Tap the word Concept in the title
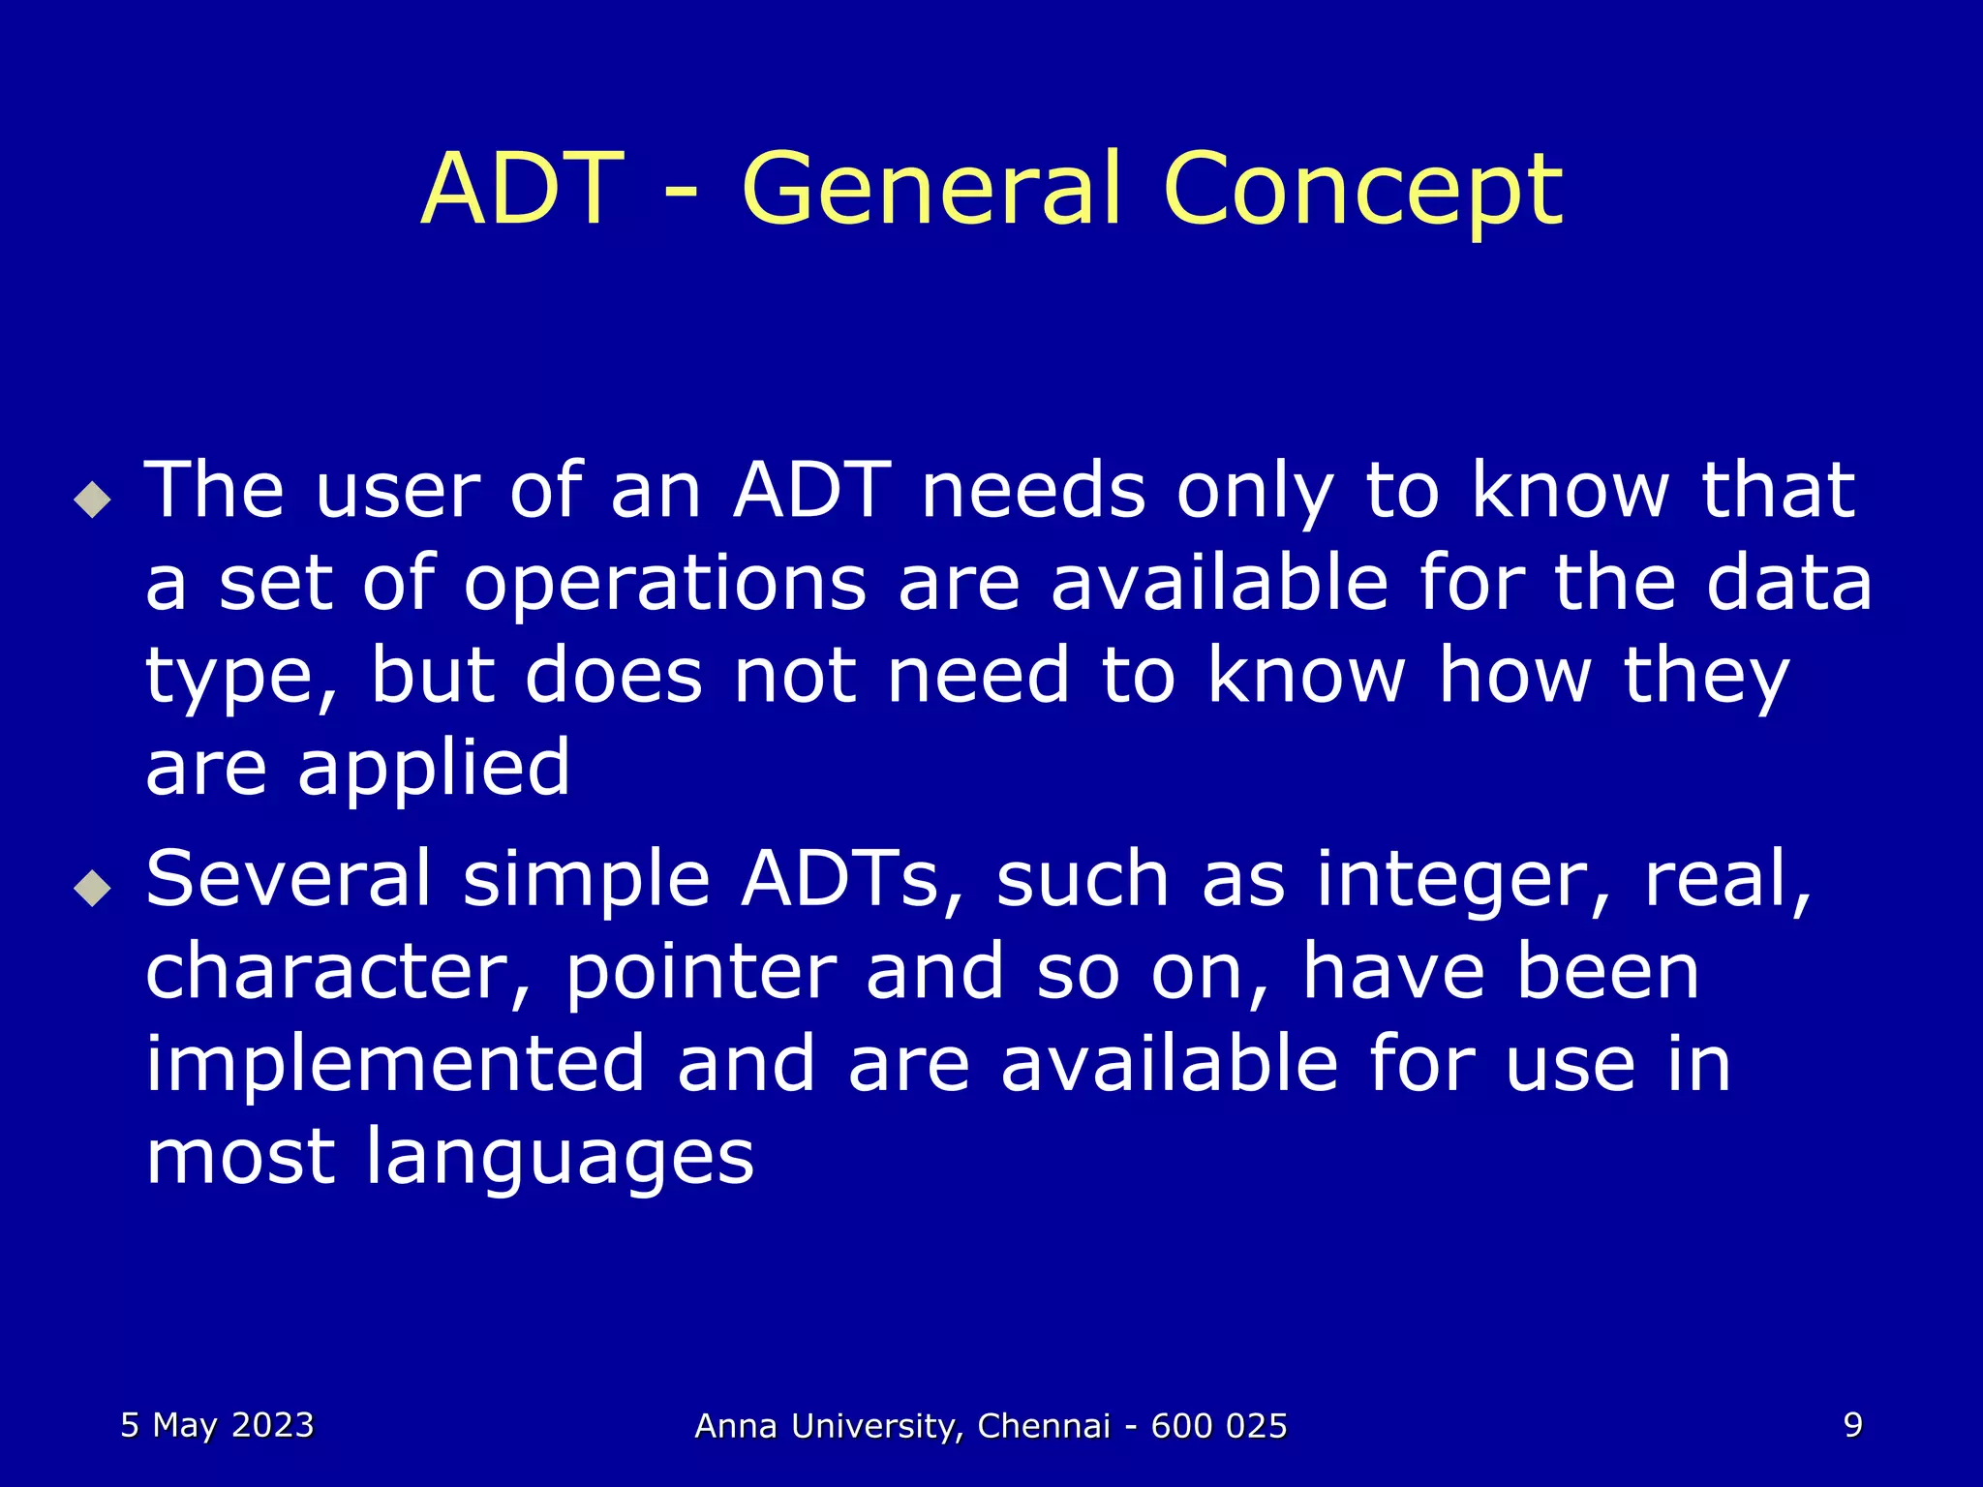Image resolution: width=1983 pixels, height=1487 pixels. point(1362,189)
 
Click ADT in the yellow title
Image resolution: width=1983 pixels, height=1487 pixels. point(523,189)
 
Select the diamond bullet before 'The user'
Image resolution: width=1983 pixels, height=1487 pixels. point(92,500)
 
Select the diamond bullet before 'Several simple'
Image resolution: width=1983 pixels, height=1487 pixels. point(92,887)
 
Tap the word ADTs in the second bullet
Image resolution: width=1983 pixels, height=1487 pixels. point(839,879)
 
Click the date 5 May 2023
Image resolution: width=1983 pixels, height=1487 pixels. point(217,1426)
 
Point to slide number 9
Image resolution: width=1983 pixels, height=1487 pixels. point(1852,1425)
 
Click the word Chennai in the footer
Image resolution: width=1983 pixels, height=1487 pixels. point(1044,1427)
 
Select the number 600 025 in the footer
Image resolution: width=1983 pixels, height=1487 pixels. point(1219,1427)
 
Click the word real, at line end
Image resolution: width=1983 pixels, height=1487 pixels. point(1728,879)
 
